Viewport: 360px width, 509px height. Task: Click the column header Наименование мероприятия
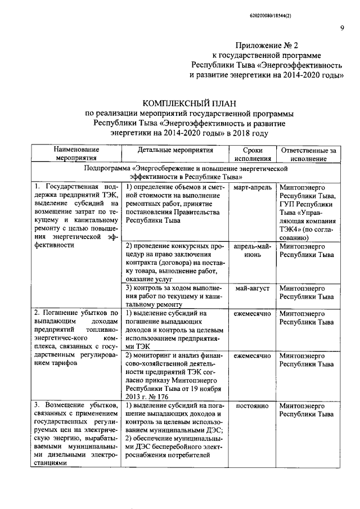click(x=76, y=154)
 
